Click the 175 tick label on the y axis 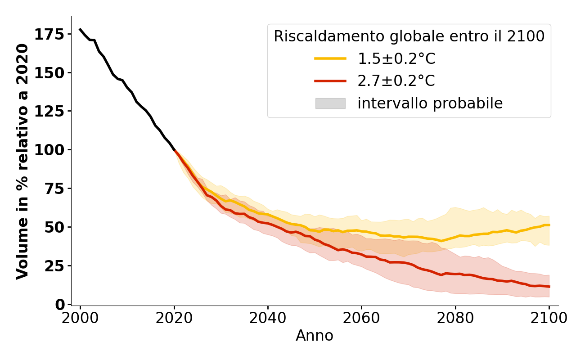tap(49, 34)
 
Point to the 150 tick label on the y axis tap(49, 72)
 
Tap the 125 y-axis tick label tap(49, 111)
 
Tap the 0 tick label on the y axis tap(59, 304)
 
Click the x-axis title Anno tap(315, 336)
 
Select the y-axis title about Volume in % tap(22, 161)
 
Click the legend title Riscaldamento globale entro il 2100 tap(409, 36)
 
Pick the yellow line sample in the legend tap(330, 58)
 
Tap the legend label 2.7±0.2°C tap(396, 81)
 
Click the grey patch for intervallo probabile tap(330, 103)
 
